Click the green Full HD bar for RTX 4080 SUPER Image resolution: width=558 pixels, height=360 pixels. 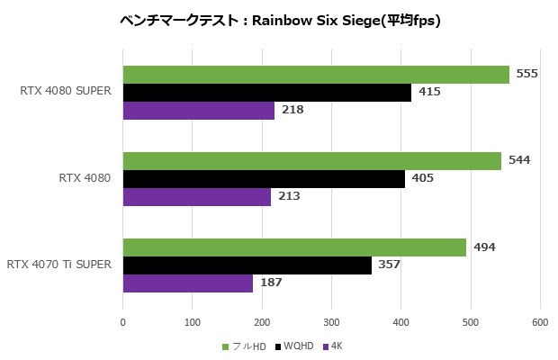coord(315,75)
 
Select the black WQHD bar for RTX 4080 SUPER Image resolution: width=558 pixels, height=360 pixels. coord(266,92)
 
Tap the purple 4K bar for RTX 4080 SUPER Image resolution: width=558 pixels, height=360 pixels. coord(198,110)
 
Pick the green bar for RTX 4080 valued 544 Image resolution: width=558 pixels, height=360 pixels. coord(311,160)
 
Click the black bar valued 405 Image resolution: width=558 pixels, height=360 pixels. coord(263,178)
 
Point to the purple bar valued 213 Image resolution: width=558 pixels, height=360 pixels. coord(196,196)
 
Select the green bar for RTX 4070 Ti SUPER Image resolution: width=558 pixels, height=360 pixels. coord(293,247)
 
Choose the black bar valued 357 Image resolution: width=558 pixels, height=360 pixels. coord(247,265)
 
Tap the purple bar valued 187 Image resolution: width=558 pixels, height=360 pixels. coord(187,283)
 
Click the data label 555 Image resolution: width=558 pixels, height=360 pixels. coord(527,74)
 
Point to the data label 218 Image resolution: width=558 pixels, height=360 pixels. coord(292,110)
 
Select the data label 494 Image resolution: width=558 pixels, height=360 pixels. coord(484,247)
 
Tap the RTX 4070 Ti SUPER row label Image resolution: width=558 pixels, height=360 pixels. coord(59,265)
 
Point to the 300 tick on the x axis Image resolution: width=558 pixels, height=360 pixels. coord(331,321)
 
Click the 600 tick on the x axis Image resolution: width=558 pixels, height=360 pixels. coord(540,321)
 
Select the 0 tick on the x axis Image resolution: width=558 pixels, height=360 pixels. coord(122,321)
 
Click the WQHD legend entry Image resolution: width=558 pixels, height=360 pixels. coord(299,346)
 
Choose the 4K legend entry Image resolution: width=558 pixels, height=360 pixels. coord(336,346)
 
